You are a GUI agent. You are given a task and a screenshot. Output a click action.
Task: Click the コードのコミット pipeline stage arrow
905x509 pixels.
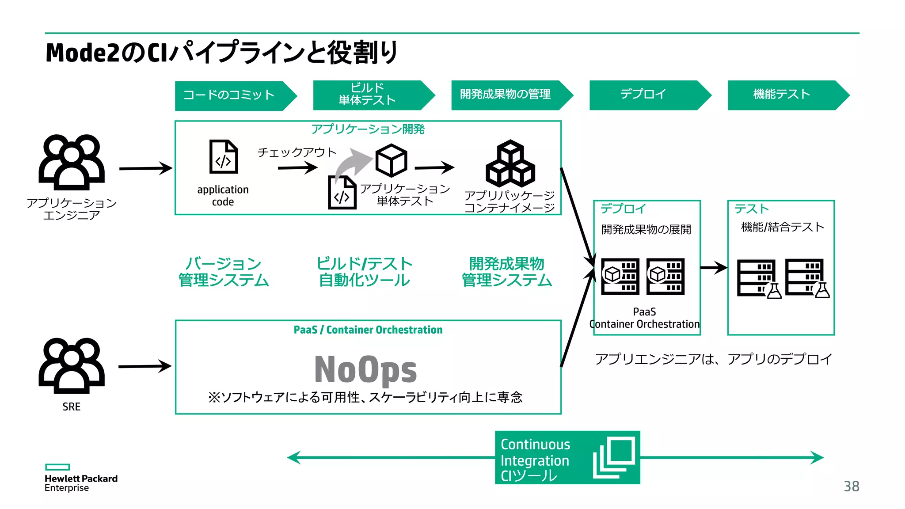tap(234, 95)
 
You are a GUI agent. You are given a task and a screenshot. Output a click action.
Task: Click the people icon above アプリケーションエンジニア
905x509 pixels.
tap(72, 162)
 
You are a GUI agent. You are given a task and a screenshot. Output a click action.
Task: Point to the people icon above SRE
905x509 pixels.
tap(72, 365)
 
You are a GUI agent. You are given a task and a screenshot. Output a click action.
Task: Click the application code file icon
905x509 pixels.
tap(223, 157)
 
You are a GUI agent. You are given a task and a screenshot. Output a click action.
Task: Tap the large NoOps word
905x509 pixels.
tap(365, 370)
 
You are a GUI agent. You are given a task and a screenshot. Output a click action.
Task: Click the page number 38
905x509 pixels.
tap(851, 486)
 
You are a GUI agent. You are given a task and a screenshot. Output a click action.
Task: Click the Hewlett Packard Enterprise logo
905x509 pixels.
tap(80, 479)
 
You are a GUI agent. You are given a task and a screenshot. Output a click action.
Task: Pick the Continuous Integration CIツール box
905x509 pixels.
tap(567, 458)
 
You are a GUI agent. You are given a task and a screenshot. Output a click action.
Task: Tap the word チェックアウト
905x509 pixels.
tap(297, 152)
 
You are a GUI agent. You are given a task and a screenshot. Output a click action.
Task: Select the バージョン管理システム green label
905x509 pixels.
tap(224, 272)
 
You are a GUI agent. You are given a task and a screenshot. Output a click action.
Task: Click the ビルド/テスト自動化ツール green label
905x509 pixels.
tap(365, 272)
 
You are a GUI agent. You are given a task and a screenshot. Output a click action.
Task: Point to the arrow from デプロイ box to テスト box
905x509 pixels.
tap(714, 267)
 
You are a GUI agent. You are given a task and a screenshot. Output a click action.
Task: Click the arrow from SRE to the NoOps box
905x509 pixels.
tap(144, 366)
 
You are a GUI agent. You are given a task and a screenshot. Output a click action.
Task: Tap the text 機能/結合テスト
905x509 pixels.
tap(782, 227)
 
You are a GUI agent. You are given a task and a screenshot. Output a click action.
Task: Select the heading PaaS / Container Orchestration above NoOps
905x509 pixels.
tap(368, 330)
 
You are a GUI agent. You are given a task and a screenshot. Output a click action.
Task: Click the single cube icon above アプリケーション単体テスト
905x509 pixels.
tap(391, 160)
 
